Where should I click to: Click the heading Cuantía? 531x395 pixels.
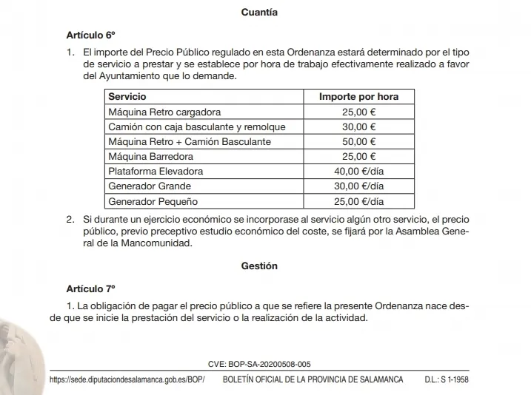[x=259, y=13]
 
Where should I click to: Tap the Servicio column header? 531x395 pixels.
[x=127, y=97]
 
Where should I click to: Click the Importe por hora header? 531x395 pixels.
[x=358, y=97]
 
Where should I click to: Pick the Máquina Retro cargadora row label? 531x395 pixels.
[x=164, y=112]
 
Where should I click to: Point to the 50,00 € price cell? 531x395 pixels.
[x=358, y=141]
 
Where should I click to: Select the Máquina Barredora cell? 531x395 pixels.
[x=150, y=156]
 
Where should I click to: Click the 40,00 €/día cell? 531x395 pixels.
[x=358, y=171]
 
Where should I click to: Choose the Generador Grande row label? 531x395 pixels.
[x=150, y=186]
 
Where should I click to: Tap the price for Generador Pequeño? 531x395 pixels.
[x=358, y=200]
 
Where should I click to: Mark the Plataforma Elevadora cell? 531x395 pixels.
[x=156, y=171]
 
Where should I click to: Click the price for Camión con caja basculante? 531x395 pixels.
[x=358, y=126]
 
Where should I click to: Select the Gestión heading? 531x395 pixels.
[x=259, y=266]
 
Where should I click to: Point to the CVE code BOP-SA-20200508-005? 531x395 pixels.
[x=259, y=364]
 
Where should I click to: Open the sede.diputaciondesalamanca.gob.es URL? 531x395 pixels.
[x=126, y=379]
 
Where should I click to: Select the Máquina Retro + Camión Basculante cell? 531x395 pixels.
[x=190, y=141]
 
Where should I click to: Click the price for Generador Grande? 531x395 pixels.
[x=358, y=186]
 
